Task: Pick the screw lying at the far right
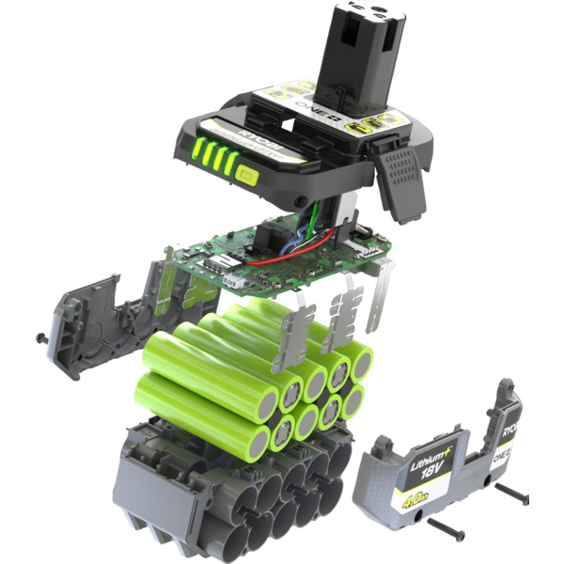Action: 513,490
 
